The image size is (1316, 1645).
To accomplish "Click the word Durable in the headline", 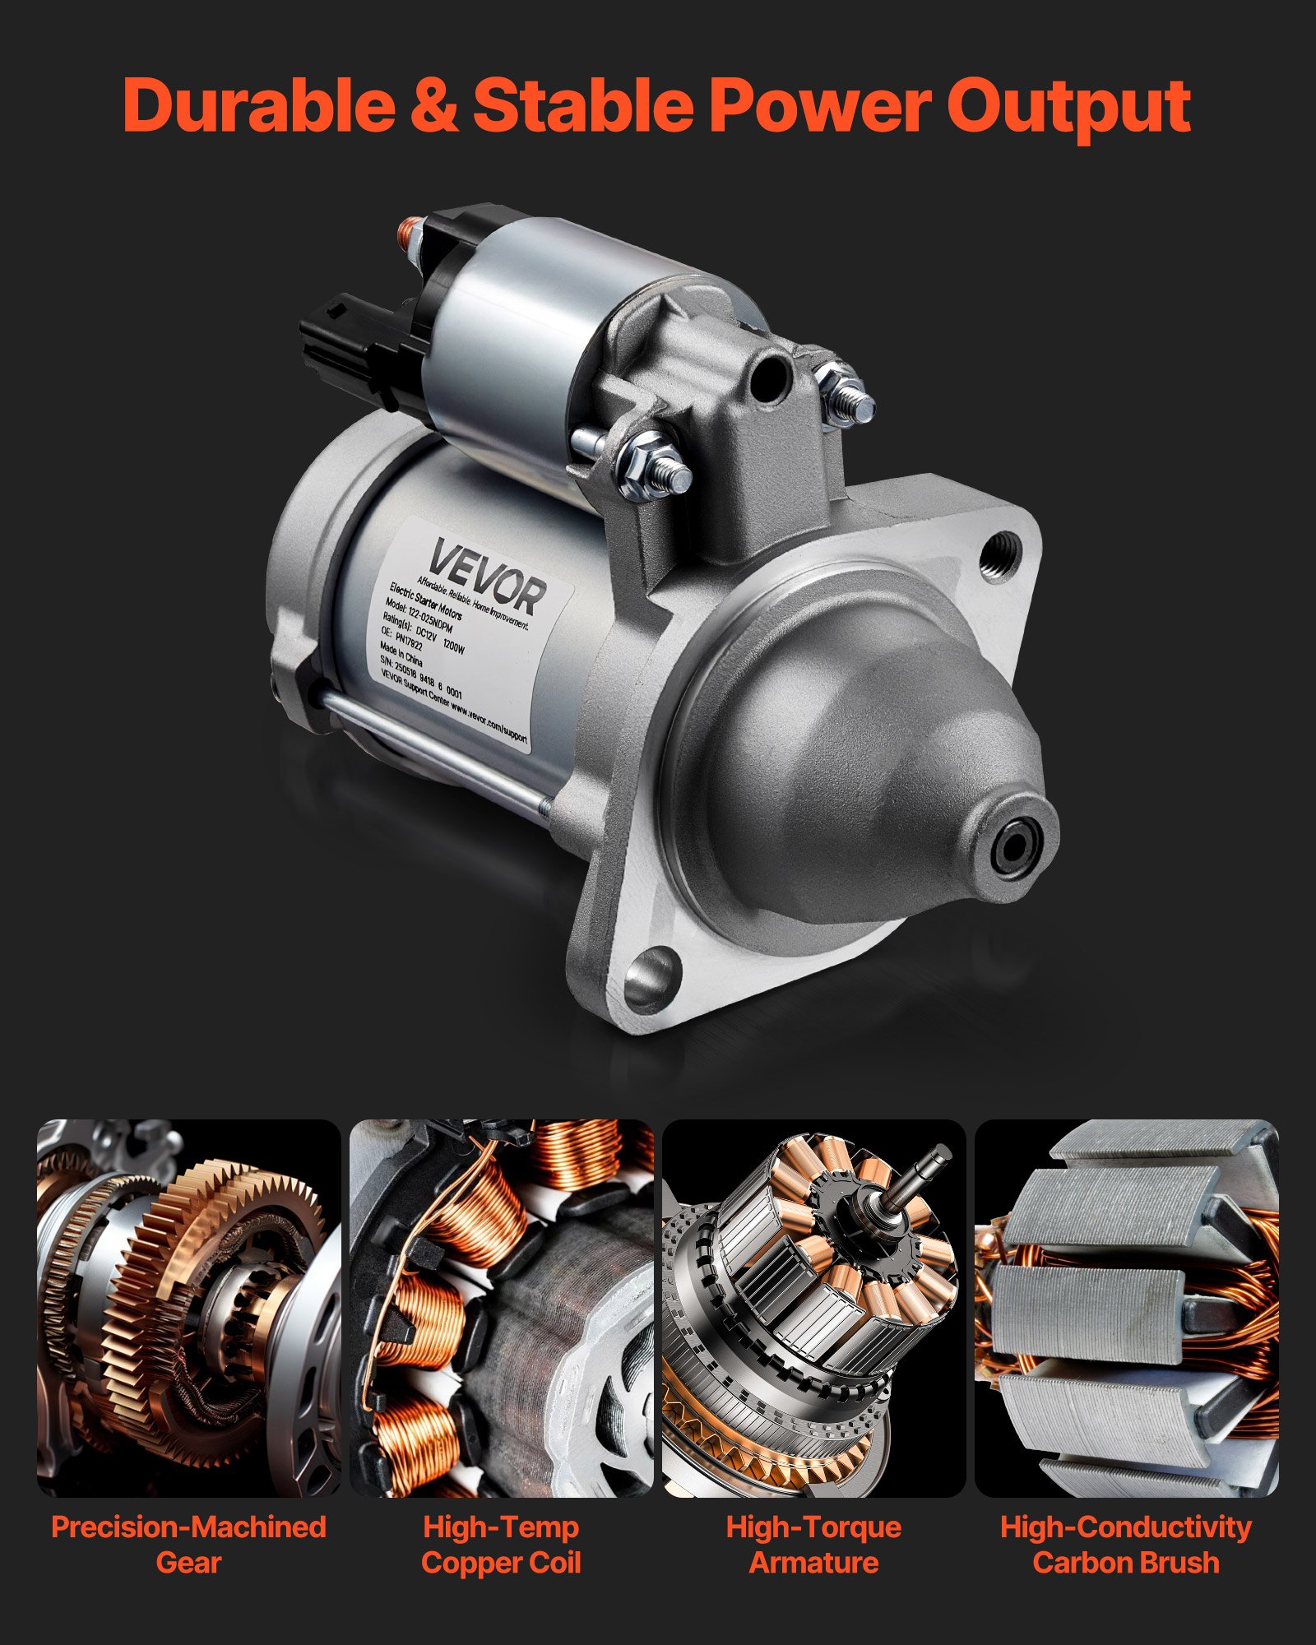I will (x=257, y=105).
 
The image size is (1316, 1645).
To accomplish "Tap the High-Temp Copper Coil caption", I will (x=501, y=1544).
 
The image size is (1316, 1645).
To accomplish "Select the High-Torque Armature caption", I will (x=813, y=1544).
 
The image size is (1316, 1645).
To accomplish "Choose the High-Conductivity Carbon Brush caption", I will (x=1126, y=1544).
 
